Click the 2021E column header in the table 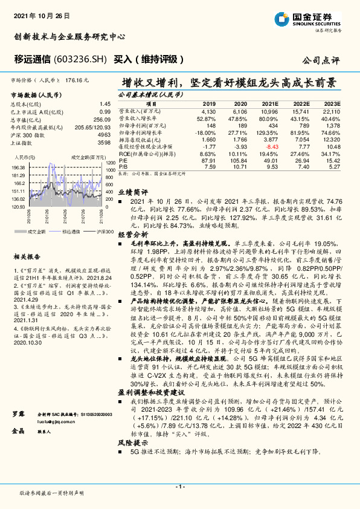[269, 104]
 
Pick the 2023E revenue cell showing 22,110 [332, 112]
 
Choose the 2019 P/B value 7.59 [209, 166]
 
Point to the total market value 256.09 [103, 120]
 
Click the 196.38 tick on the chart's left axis [18, 167]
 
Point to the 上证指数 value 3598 [103, 142]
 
